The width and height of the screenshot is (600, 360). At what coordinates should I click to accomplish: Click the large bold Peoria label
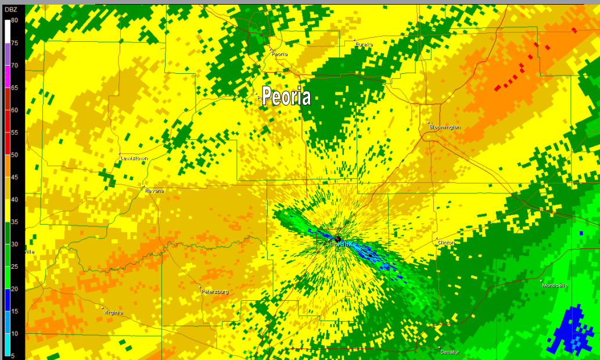point(286,96)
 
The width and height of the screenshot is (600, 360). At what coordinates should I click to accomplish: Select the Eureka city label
point(364,44)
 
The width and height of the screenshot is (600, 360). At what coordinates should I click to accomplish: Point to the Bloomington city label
point(445,127)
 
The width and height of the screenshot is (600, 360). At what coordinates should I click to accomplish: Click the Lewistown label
point(134,158)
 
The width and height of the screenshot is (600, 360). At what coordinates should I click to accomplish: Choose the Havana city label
point(155,190)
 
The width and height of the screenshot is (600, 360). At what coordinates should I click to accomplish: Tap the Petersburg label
point(215,291)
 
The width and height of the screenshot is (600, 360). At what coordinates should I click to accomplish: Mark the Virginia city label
point(113,312)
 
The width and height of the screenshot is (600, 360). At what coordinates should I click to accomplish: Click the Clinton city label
point(446,242)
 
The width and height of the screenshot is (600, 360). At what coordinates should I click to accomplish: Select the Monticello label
point(555,285)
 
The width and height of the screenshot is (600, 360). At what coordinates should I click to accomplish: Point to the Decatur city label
point(450,352)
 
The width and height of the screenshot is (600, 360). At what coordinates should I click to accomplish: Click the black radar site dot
point(337,239)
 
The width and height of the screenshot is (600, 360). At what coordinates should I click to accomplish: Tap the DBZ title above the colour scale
point(11,8)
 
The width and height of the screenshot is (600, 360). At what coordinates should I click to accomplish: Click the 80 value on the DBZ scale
point(15,20)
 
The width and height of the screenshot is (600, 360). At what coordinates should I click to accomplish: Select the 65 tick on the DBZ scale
point(15,88)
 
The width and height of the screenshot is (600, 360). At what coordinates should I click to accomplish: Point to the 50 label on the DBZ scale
point(15,154)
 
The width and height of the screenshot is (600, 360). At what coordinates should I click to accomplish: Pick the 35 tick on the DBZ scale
point(15,222)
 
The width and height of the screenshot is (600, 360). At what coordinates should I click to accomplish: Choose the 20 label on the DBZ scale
point(15,289)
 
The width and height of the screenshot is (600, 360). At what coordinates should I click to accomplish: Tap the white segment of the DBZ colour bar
point(6,31)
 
